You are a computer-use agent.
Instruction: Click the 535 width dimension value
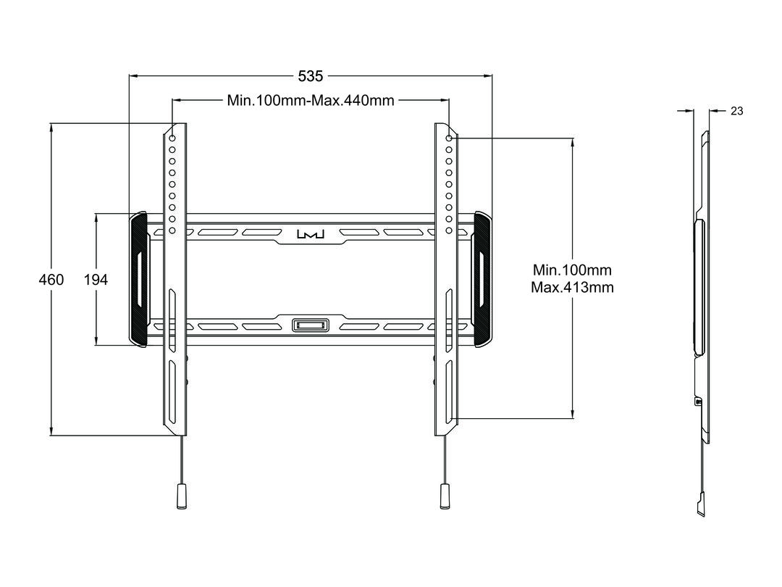coord(310,76)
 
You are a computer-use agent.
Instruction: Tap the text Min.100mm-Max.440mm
coord(311,100)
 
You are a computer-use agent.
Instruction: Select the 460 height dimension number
coord(51,280)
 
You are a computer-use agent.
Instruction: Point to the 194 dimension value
coord(96,280)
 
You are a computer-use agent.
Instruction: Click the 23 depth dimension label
coord(736,111)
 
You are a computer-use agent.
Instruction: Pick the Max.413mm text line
coord(572,288)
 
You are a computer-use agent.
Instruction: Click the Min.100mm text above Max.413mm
coord(572,270)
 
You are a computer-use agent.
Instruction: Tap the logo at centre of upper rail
coord(311,233)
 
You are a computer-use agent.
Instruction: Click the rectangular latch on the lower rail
coord(310,325)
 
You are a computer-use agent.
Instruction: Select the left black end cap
coord(139,280)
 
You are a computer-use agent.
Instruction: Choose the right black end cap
coord(482,280)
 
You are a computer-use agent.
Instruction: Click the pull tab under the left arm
coord(182,496)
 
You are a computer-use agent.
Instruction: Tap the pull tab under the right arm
coord(444,496)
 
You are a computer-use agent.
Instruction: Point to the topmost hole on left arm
coord(172,138)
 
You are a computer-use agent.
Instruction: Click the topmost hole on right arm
coord(449,138)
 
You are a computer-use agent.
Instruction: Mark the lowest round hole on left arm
coord(172,230)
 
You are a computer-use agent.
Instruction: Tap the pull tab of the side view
coord(702,504)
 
